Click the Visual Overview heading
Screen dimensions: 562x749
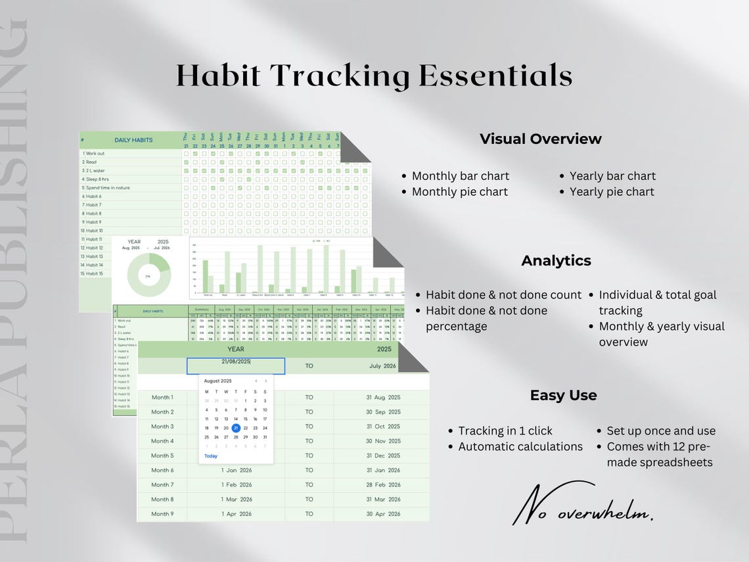(x=540, y=139)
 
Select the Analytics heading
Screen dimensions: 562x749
(x=556, y=260)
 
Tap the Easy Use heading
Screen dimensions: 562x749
(x=563, y=395)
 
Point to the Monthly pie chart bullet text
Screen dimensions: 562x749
(x=459, y=191)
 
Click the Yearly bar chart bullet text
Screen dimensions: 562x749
(x=612, y=176)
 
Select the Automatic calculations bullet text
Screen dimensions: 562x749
(x=520, y=446)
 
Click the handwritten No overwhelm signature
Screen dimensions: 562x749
(x=582, y=505)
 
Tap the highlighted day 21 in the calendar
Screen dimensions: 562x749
(x=236, y=428)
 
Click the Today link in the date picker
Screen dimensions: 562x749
(x=211, y=456)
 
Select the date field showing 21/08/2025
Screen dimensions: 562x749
(x=236, y=365)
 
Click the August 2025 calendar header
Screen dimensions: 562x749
(x=217, y=381)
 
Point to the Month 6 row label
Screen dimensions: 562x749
(x=162, y=470)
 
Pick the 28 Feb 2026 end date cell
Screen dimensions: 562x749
(x=383, y=484)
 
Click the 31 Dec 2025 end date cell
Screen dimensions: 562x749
(x=383, y=456)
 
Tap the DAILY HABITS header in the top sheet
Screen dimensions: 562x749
(x=133, y=140)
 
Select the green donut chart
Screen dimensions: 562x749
(x=148, y=275)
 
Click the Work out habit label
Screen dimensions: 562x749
(x=95, y=153)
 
